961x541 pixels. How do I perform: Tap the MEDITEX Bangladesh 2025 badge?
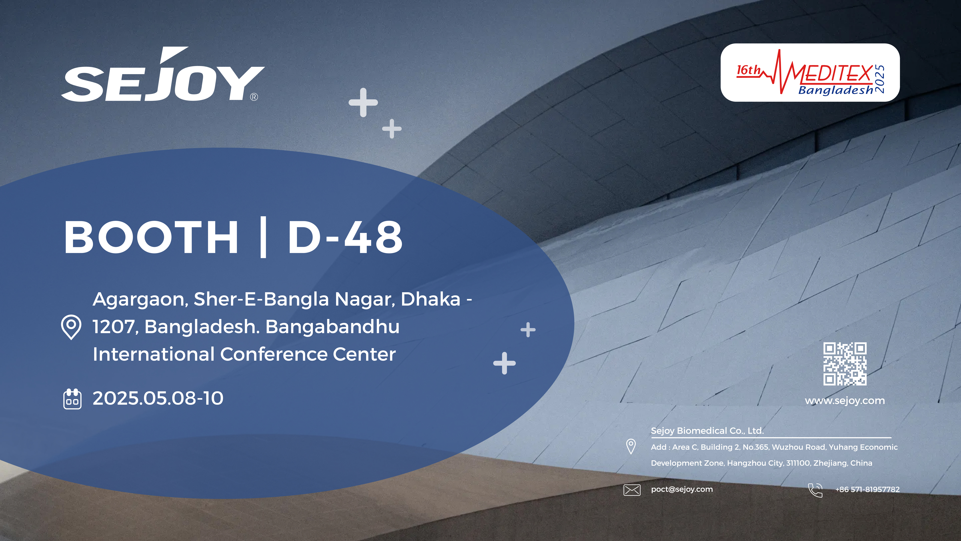coord(810,72)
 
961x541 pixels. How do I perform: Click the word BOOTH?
coord(151,237)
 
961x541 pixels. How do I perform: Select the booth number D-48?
coord(345,237)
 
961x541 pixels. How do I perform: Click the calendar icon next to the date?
coord(72,399)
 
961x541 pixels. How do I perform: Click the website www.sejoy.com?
coord(845,401)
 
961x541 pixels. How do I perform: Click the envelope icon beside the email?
coord(632,489)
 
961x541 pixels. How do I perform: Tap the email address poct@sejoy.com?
coord(682,489)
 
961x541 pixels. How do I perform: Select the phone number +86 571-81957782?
coord(867,489)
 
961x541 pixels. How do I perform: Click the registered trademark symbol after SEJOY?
coord(254,97)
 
